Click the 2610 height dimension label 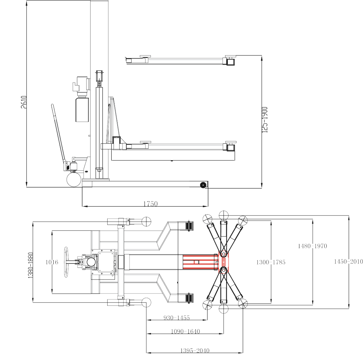click(24, 102)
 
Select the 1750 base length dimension click(151, 204)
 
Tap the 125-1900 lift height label click(265, 120)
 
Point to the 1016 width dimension click(52, 262)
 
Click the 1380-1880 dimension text click(31, 265)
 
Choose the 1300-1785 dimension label click(271, 262)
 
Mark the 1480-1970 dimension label click(312, 246)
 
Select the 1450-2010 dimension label click(348, 262)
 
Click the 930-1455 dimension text click(177, 318)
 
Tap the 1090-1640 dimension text click(185, 331)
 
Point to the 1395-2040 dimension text click(195, 350)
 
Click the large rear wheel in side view click(74, 179)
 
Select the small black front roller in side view click(203, 185)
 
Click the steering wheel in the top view click(66, 262)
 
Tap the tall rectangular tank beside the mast click(82, 110)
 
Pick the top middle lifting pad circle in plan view click(223, 215)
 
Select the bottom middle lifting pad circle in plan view click(223, 309)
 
